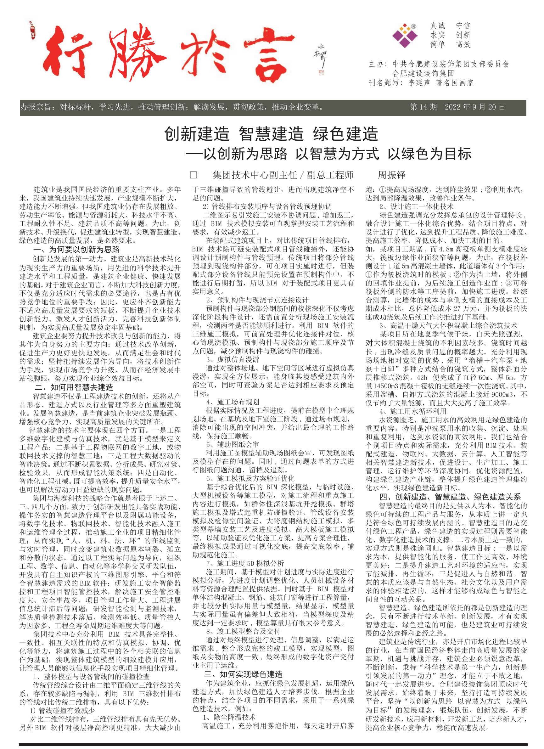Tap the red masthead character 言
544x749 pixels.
(x=269, y=54)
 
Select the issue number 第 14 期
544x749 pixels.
(x=423, y=107)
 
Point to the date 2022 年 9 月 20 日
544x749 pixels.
(x=475, y=107)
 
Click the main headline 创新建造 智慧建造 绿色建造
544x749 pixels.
(x=271, y=134)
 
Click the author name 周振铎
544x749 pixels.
(x=391, y=175)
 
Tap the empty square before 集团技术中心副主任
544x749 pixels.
(x=194, y=175)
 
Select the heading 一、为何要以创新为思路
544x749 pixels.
(x=76, y=250)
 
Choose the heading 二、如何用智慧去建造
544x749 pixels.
(x=74, y=387)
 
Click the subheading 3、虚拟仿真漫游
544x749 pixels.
(x=233, y=359)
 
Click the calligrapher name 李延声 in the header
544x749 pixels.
(x=419, y=83)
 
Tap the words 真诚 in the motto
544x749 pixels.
(x=438, y=26)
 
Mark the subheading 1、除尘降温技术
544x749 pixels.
(x=229, y=717)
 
